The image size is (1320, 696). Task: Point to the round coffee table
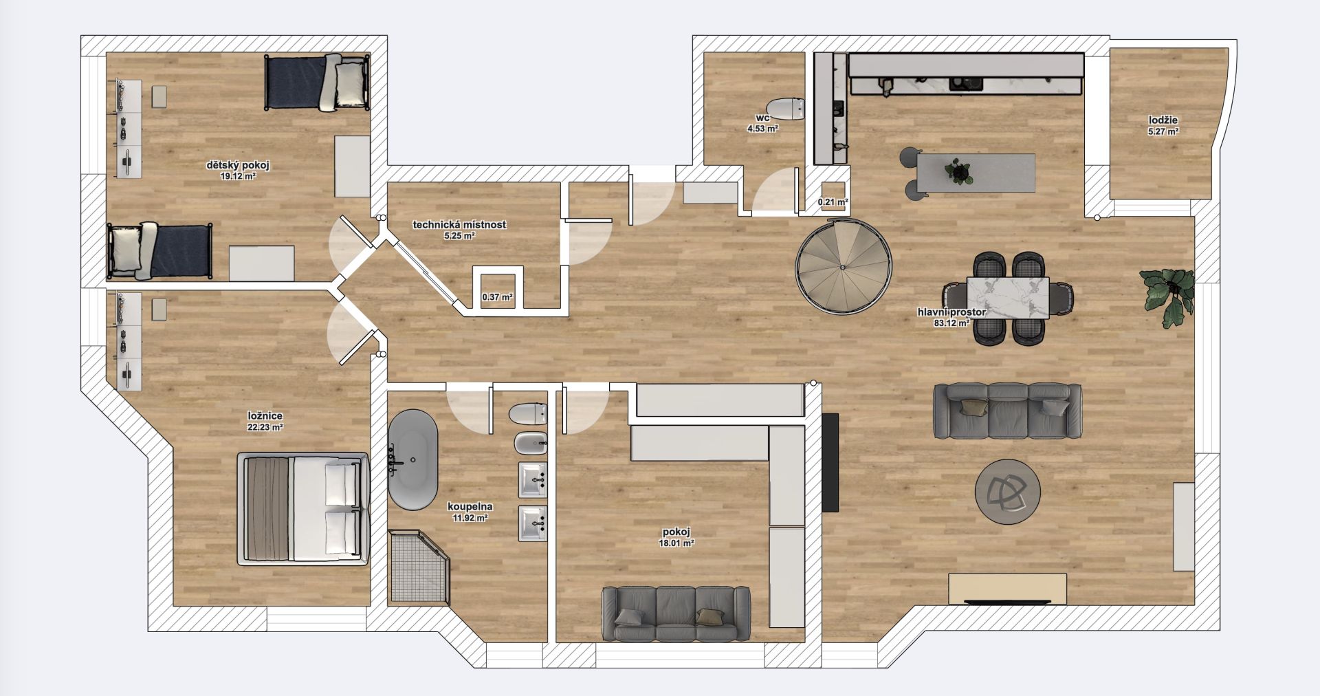tap(1008, 492)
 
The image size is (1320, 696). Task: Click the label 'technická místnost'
tap(459, 224)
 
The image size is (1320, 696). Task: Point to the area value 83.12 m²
tap(951, 322)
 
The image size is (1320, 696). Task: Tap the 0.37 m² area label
tap(498, 297)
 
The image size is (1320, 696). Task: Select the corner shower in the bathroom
tap(418, 567)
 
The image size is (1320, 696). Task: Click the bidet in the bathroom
tap(530, 444)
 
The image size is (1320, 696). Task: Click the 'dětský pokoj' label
tap(238, 165)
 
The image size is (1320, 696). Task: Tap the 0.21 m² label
tap(833, 202)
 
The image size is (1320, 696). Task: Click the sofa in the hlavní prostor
tap(1007, 411)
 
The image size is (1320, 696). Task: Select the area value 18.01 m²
tap(676, 543)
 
